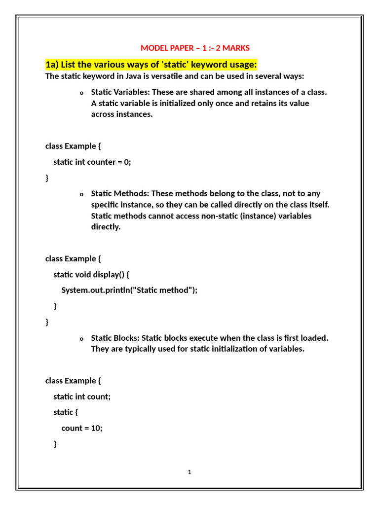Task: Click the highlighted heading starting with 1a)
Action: [x=152, y=65]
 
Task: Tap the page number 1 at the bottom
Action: [x=189, y=472]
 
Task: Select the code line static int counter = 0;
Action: [x=92, y=162]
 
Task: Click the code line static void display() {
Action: [x=91, y=275]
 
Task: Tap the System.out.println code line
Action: [x=129, y=290]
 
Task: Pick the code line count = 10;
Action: [x=82, y=428]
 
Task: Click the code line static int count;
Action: [x=82, y=397]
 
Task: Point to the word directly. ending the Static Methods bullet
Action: [x=106, y=227]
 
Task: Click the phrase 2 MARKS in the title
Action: [x=233, y=48]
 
